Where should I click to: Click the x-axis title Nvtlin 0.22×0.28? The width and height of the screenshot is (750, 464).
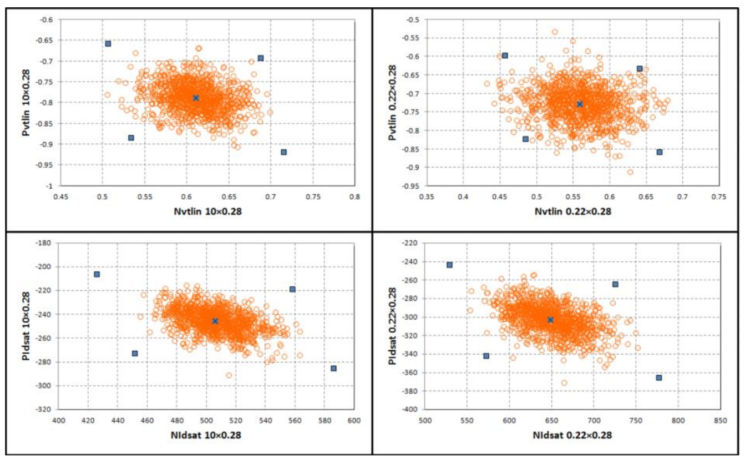[x=573, y=211]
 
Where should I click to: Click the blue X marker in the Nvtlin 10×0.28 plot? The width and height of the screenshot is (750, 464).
[x=196, y=98]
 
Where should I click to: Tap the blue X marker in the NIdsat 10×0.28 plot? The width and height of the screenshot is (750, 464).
[x=215, y=321]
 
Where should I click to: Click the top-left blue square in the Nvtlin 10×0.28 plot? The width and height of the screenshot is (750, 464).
[x=108, y=43]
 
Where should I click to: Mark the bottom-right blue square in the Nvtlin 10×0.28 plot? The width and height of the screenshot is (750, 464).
[x=284, y=152]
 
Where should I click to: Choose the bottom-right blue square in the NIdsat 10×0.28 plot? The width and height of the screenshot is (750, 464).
[x=333, y=368]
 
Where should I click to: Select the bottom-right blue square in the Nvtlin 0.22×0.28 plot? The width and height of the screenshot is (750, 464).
[x=660, y=152]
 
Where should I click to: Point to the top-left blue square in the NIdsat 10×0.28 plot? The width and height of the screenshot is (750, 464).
[x=97, y=274]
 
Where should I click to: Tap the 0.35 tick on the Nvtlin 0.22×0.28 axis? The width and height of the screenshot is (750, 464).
[x=427, y=196]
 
